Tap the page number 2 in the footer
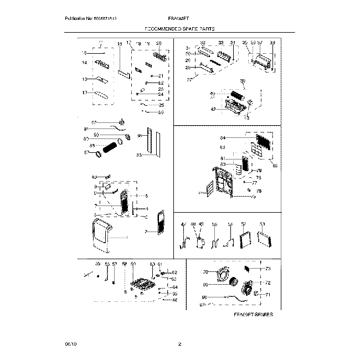pos(179,344)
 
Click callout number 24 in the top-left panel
pos(161,94)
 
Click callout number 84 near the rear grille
pos(223,137)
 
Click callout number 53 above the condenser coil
pos(263,224)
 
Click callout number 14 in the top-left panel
pos(85,64)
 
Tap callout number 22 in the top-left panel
pos(161,83)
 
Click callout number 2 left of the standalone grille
pos(145,230)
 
